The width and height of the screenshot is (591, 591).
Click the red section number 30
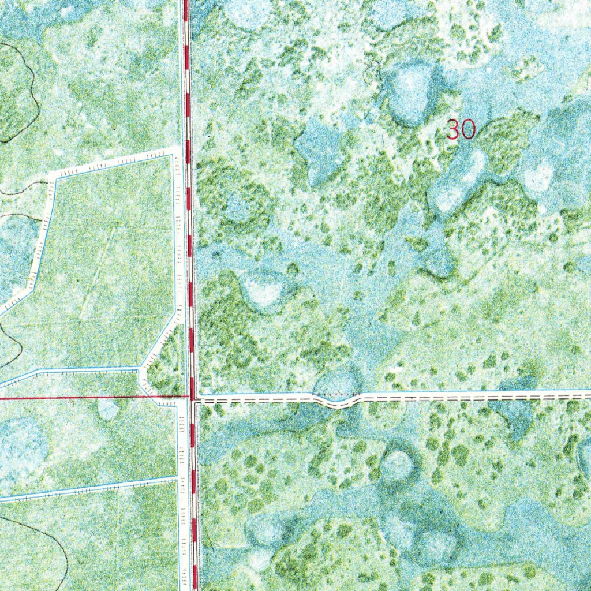[461, 129]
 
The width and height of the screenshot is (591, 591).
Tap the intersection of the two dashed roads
[193, 398]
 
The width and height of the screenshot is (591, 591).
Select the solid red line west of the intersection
[87, 397]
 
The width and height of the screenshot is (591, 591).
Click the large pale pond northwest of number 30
[410, 92]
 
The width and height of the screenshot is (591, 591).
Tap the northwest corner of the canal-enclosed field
[52, 174]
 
